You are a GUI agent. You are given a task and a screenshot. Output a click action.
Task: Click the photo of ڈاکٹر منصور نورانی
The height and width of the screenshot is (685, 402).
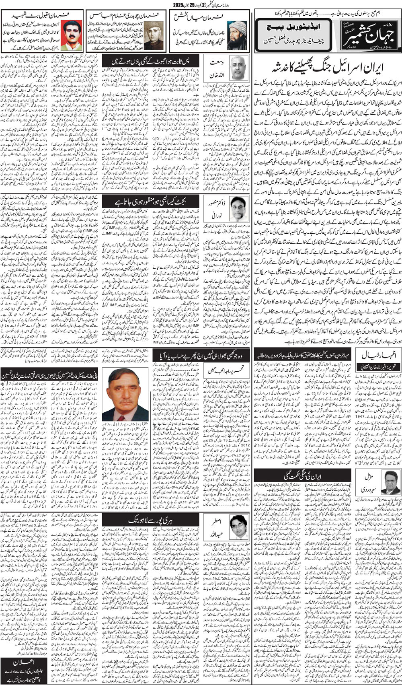click(x=238, y=208)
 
